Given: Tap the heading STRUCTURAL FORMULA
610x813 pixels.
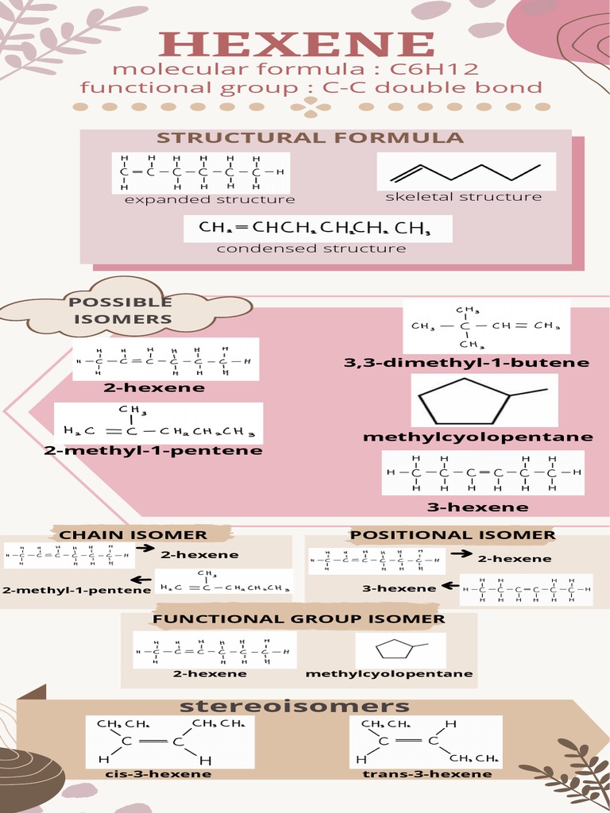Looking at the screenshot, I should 310,138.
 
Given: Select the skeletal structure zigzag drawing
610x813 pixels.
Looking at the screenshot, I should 466,172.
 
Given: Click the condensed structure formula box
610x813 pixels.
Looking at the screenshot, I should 318,229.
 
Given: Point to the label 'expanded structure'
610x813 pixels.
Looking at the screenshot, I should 210,199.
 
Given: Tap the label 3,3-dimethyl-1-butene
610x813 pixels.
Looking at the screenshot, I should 466,363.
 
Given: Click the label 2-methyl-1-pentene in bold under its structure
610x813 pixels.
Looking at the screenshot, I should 153,451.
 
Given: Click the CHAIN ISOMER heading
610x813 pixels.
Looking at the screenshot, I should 133,535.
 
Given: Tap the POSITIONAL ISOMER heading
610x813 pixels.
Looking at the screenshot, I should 453,535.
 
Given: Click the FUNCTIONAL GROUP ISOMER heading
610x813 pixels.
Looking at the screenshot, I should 299,619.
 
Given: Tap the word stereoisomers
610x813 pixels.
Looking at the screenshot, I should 294,706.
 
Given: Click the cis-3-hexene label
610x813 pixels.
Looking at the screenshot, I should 158,774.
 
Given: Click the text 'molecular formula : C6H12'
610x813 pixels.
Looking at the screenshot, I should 295,68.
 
